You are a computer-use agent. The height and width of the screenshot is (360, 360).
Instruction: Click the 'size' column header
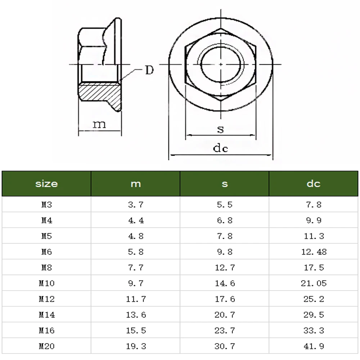tap(46, 184)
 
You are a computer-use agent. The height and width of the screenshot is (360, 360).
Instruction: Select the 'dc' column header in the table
tap(314, 184)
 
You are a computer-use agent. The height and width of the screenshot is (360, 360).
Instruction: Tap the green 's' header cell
tap(225, 184)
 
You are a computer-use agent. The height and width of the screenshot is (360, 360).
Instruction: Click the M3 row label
tap(46, 204)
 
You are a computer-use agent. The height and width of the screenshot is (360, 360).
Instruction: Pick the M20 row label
tap(46, 346)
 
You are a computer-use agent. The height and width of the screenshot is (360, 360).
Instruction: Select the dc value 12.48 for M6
tap(314, 252)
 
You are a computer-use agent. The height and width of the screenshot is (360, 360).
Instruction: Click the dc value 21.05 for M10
tap(314, 283)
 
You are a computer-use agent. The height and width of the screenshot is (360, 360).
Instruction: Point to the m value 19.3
tap(136, 346)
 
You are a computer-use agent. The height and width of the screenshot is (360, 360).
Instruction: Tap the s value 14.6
tap(225, 283)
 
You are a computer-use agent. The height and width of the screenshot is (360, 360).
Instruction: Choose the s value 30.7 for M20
tap(225, 346)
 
